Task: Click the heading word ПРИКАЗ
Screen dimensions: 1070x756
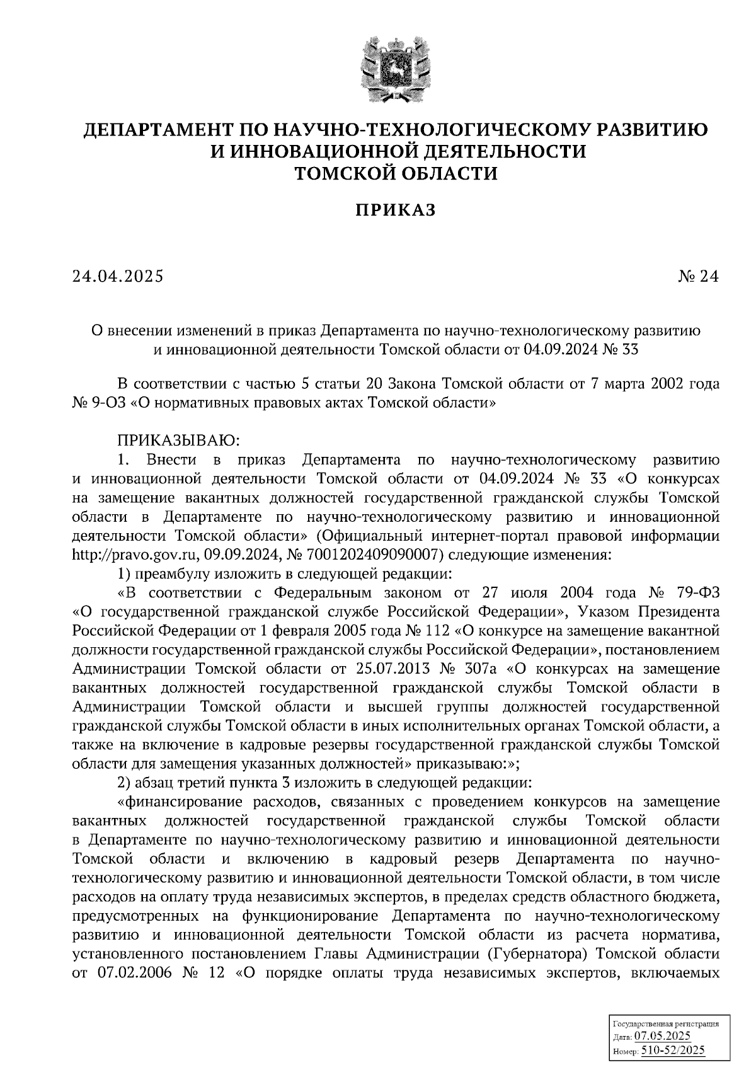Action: click(396, 210)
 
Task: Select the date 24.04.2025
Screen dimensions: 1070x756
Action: click(118, 276)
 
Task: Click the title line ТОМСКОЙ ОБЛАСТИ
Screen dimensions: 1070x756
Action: click(396, 173)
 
